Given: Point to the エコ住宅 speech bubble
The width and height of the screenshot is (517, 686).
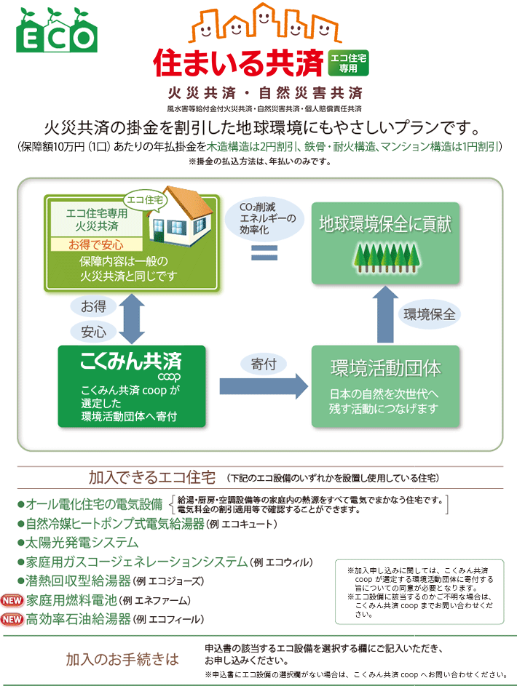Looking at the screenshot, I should [x=144, y=197].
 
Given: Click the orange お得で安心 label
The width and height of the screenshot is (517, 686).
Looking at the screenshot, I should [x=96, y=244].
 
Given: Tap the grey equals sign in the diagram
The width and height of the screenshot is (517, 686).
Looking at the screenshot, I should [x=265, y=252].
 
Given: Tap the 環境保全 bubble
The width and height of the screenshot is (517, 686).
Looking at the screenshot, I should [x=430, y=315].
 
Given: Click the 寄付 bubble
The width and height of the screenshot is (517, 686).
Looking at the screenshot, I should [x=263, y=362].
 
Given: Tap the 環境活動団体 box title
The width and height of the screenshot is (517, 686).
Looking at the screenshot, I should [x=385, y=368].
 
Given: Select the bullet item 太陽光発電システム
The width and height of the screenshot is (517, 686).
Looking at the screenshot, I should [x=82, y=543].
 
